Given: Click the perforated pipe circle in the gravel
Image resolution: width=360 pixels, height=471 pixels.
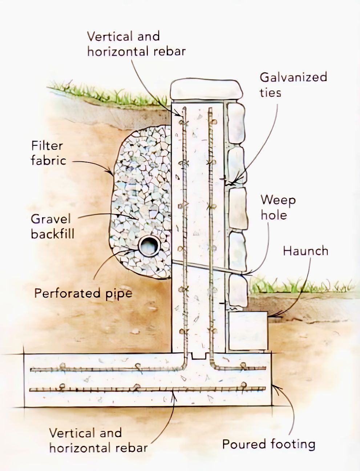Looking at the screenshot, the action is point(149,245).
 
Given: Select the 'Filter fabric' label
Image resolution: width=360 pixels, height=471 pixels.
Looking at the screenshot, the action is point(48,153).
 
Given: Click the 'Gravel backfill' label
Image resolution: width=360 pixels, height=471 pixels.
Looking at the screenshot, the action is point(53,226).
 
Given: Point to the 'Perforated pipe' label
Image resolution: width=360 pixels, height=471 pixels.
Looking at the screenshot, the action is point(83,294).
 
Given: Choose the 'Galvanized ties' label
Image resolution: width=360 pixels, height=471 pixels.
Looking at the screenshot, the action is point(293,85).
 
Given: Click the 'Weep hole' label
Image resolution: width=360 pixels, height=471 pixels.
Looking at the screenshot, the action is point(278,208).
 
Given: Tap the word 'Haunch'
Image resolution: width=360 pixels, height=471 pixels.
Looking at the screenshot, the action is point(306,251).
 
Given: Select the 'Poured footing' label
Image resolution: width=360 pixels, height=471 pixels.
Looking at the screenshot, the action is point(269,444).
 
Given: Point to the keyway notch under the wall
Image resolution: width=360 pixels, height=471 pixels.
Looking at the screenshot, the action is point(199,356).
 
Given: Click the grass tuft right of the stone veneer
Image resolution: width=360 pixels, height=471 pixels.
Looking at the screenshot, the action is point(300,286).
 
